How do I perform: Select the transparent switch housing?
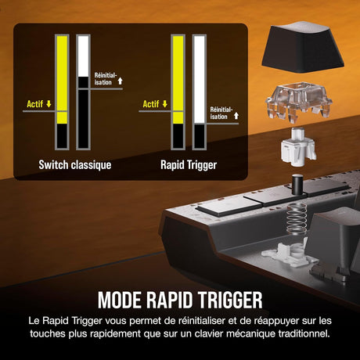[x=299, y=100]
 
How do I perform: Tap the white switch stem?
[x=298, y=147]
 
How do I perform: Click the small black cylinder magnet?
[x=297, y=185]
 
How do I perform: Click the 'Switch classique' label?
[x=75, y=165]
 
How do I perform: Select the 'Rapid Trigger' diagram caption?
[x=189, y=165]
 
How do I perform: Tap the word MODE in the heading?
[x=120, y=300]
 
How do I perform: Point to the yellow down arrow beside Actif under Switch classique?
[x=49, y=104]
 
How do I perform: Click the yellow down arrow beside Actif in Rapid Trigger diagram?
[x=165, y=104]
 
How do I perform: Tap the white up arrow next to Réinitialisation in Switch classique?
[x=120, y=81]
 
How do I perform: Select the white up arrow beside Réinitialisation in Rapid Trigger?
[x=236, y=116]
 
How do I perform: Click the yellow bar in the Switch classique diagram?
[x=62, y=80]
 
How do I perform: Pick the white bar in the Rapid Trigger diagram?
[x=200, y=80]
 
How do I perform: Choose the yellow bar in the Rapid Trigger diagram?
[x=178, y=80]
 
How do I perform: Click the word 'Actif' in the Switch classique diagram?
[x=34, y=104]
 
